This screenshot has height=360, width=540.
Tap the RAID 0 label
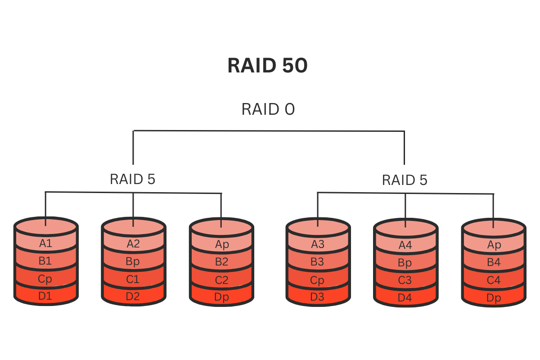pyautogui.click(x=268, y=109)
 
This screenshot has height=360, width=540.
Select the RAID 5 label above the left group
pyautogui.click(x=132, y=179)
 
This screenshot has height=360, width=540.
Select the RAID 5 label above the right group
pyautogui.click(x=405, y=180)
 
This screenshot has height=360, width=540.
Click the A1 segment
pyautogui.click(x=46, y=243)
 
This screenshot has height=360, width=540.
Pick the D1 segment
pyautogui.click(x=45, y=296)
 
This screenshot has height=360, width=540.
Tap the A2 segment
pyautogui.click(x=133, y=244)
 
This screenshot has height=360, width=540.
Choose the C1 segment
pyautogui.click(x=133, y=279)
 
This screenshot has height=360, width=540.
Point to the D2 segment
pyautogui.click(x=133, y=296)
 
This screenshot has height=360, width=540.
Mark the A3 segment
pyautogui.click(x=318, y=244)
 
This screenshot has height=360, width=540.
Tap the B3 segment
pyautogui.click(x=318, y=262)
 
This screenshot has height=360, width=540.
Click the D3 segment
pyautogui.click(x=318, y=297)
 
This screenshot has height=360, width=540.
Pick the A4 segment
pyautogui.click(x=405, y=245)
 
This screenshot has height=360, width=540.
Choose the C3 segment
pyautogui.click(x=405, y=280)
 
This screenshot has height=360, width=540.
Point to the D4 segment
pyautogui.click(x=405, y=297)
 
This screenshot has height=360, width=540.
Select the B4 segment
pyautogui.click(x=494, y=262)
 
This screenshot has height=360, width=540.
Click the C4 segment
pyautogui.click(x=494, y=280)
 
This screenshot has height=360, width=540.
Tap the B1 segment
pyautogui.click(x=45, y=261)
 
